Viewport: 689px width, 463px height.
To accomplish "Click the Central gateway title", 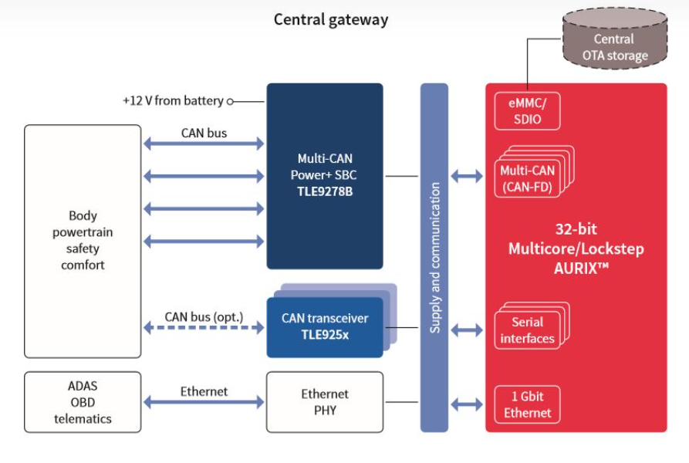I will tap(331, 19).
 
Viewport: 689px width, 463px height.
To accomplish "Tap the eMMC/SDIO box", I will tap(526, 110).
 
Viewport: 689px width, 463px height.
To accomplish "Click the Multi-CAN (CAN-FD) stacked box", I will tap(527, 178).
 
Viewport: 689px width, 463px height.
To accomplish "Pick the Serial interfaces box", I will tap(527, 330).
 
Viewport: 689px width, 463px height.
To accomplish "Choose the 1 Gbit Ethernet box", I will tap(527, 404).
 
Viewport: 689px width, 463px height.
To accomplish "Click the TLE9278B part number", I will tap(324, 191).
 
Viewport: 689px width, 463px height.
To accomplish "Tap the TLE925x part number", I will tap(324, 334).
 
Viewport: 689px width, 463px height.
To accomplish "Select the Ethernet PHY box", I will tap(324, 402).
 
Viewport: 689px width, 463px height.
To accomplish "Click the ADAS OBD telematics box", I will tap(83, 402).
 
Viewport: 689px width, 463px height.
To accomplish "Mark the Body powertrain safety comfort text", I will tap(83, 240).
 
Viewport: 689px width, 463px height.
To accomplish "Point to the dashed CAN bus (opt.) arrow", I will tap(204, 328).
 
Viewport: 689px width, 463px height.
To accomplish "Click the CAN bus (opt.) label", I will tap(204, 316).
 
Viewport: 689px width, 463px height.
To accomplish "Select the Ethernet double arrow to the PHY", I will tap(204, 402).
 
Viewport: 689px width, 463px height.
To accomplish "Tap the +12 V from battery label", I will tap(173, 100).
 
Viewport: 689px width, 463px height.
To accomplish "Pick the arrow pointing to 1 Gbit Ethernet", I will tap(467, 404).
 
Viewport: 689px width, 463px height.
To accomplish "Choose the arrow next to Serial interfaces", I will tap(467, 330).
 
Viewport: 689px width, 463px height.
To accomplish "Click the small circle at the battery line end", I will tap(230, 101).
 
